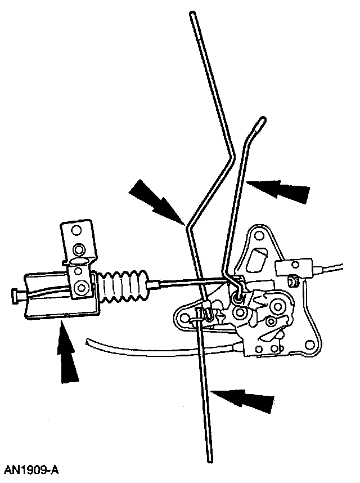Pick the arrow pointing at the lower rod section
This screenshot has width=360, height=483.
(x=244, y=400)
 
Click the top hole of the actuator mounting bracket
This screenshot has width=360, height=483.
(x=77, y=248)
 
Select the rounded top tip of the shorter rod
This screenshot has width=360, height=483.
(x=262, y=120)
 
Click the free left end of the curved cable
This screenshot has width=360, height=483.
(x=88, y=341)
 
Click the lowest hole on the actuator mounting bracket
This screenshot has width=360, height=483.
(x=82, y=288)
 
